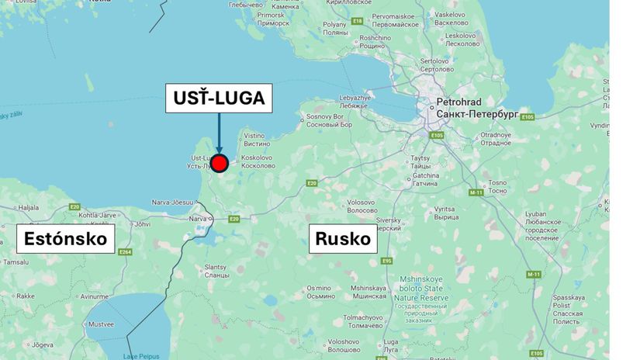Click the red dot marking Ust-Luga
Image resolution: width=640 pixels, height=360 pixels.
point(220,163)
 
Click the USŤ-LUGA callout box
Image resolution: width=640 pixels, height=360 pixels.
point(219,99)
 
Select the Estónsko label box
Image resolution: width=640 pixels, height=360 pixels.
point(66,238)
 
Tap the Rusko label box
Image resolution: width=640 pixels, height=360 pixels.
point(343,239)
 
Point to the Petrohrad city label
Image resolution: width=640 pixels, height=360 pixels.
point(459,102)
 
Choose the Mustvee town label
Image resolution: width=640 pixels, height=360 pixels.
point(101,324)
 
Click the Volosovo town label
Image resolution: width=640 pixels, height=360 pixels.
point(361,206)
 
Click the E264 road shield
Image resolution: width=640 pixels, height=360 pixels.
point(126,251)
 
